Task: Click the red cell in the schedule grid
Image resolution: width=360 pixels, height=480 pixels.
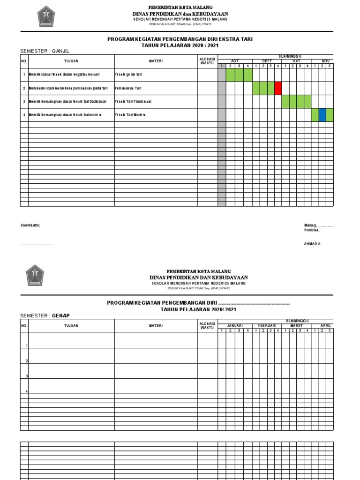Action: pyautogui.click(x=278, y=88)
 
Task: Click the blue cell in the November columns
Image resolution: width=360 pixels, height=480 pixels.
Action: pyautogui.click(x=322, y=115)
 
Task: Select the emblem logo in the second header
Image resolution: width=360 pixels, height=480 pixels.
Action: pyautogui.click(x=35, y=275)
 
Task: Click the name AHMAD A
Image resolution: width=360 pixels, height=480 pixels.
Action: pyautogui.click(x=313, y=244)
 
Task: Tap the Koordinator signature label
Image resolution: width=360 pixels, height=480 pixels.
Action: pyautogui.click(x=30, y=225)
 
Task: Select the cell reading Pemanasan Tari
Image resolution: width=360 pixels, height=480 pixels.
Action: pyautogui.click(x=128, y=88)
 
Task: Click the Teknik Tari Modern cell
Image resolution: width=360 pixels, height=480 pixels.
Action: pyautogui.click(x=130, y=115)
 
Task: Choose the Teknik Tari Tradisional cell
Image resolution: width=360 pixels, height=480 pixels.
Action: pyautogui.click(x=133, y=101)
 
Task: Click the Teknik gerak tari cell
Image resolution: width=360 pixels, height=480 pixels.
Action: pyautogui.click(x=128, y=75)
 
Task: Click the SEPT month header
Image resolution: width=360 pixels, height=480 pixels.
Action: pyautogui.click(x=267, y=61)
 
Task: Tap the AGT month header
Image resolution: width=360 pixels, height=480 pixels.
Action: pyautogui.click(x=235, y=61)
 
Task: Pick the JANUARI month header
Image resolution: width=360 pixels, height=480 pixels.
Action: pyautogui.click(x=235, y=325)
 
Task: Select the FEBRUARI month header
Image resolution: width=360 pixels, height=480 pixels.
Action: pyautogui.click(x=267, y=325)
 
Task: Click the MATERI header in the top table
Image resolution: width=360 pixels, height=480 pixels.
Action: pyautogui.click(x=156, y=61)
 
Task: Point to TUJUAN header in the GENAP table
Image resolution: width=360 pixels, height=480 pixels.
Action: pyautogui.click(x=71, y=325)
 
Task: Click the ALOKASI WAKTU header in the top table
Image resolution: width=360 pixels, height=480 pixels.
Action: pyautogui.click(x=207, y=60)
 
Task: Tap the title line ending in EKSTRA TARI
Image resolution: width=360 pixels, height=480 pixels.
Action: pyautogui.click(x=180, y=39)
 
